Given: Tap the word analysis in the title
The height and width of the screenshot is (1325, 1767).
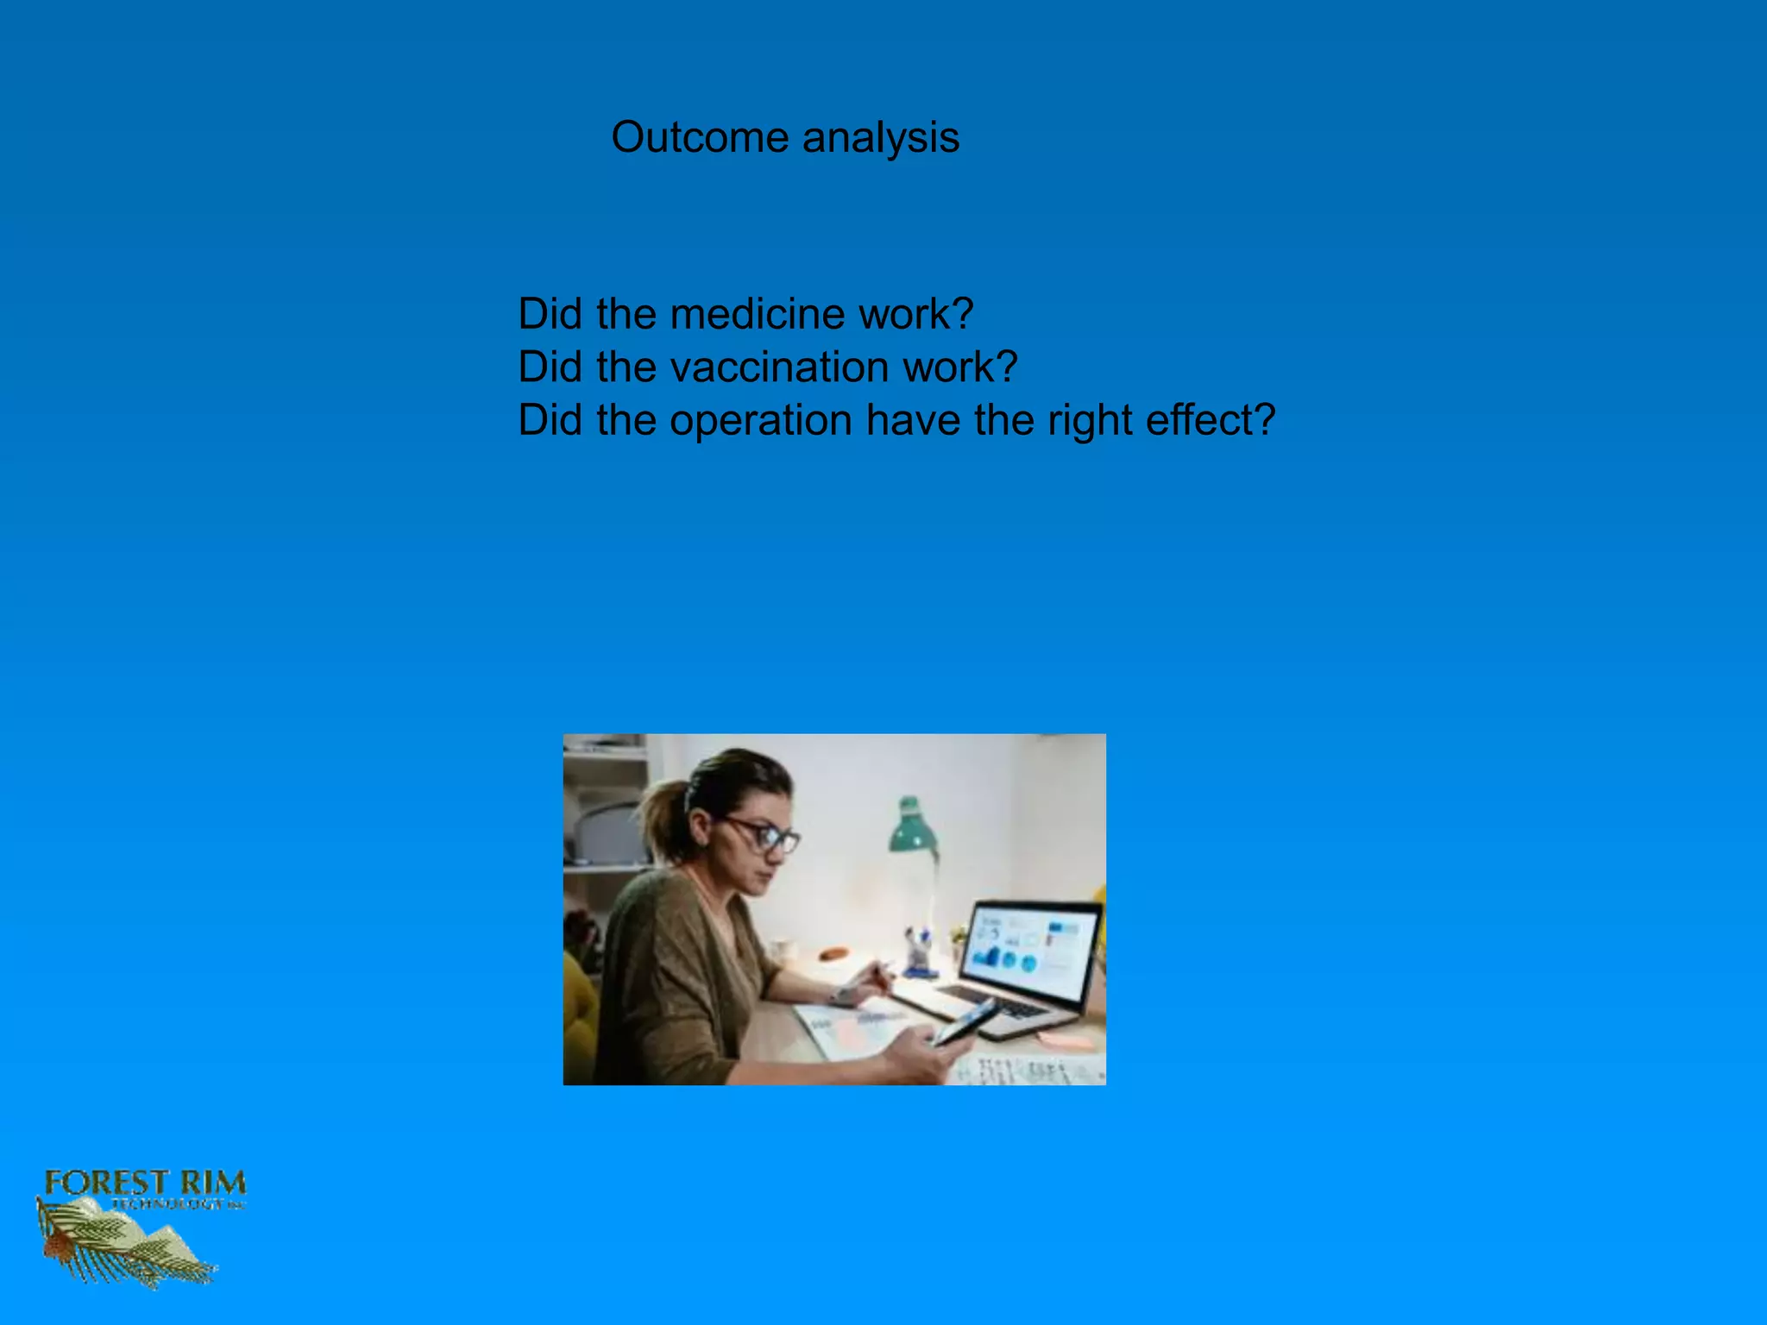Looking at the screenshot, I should pyautogui.click(x=880, y=138).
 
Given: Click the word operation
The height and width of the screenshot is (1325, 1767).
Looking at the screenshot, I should pyautogui.click(x=761, y=421).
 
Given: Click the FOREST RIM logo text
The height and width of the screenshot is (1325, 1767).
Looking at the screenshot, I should pyautogui.click(x=145, y=1183).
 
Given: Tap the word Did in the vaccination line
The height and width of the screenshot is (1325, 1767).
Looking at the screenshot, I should pyautogui.click(x=550, y=367).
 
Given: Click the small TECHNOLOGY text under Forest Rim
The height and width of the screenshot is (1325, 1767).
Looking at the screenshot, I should pyautogui.click(x=168, y=1204).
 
